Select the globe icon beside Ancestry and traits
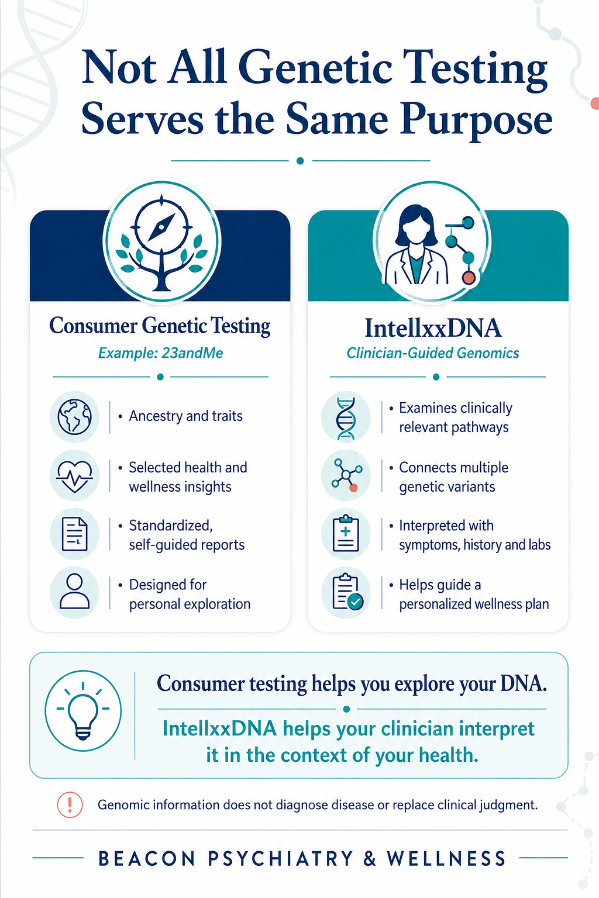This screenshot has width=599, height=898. pos(75,417)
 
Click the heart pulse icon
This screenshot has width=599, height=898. pos(75,475)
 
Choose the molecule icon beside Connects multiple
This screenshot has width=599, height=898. pos(347,475)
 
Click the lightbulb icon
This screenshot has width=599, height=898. pos(83,710)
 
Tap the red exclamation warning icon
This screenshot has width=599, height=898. pos(70,804)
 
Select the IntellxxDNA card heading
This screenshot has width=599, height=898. pos(432,328)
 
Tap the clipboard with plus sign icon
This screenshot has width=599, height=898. pos(346,534)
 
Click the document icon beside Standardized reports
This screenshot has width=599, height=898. pos(75,534)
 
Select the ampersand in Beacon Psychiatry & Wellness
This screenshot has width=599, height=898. pos(370,859)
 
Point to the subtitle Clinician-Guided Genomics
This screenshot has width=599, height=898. pos(432,353)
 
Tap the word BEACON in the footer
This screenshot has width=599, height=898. pos(146,859)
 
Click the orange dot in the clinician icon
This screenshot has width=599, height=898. pos(469,278)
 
